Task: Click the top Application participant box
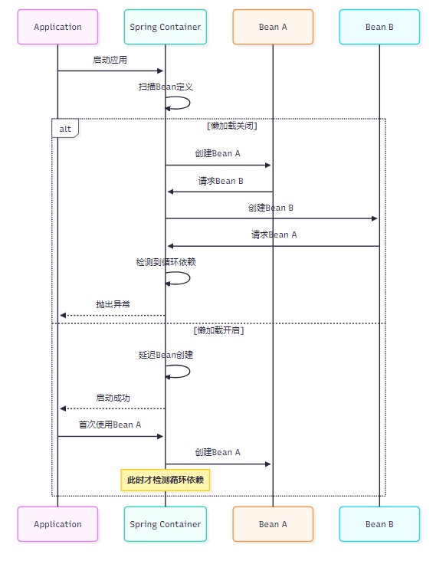click(57, 27)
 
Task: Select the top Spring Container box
click(166, 27)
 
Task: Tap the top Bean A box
click(273, 27)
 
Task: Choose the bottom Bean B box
click(379, 524)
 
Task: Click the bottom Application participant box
click(57, 524)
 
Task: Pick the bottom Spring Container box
click(166, 524)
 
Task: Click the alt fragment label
click(65, 129)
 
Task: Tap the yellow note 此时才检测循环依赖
click(166, 480)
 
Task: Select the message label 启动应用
click(110, 60)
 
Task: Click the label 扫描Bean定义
click(166, 87)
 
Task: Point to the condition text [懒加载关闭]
click(232, 126)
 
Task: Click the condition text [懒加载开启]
click(218, 330)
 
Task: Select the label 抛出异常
click(113, 304)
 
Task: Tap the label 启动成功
click(113, 398)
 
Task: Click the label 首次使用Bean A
click(110, 425)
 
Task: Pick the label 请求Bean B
click(221, 181)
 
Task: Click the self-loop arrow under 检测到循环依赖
click(189, 278)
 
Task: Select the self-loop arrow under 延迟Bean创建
click(189, 372)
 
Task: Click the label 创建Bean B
click(271, 208)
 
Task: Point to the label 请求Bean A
click(274, 235)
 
